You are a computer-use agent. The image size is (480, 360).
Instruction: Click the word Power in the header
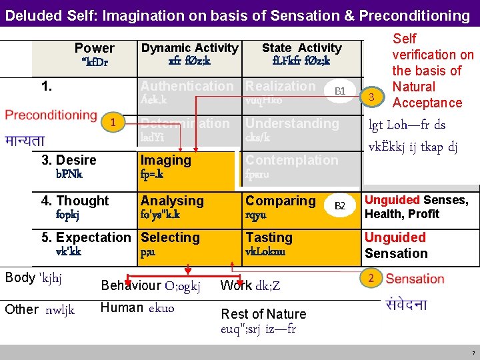(94, 48)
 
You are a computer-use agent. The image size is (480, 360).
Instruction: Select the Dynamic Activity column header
(189, 48)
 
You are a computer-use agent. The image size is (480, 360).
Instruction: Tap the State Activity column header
(301, 48)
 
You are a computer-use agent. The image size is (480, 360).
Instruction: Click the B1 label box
(340, 91)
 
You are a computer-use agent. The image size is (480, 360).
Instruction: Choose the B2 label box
(340, 206)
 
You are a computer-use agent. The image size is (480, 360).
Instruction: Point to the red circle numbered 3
(375, 98)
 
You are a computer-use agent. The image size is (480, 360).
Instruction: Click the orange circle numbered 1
(114, 122)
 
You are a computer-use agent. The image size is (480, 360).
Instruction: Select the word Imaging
(165, 160)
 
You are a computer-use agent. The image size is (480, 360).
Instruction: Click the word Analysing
(172, 201)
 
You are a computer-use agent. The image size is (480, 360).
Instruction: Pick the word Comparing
(280, 201)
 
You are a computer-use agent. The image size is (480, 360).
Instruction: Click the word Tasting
(269, 237)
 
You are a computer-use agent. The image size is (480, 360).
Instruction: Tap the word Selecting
(170, 237)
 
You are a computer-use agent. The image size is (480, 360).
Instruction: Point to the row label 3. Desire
(69, 160)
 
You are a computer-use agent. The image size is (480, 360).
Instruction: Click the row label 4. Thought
(75, 201)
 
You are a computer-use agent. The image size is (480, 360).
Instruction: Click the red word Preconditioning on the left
(51, 115)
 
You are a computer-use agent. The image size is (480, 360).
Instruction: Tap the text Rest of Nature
(263, 314)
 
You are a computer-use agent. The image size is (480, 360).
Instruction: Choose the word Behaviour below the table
(131, 286)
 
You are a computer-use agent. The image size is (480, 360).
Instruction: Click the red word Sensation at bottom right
(415, 279)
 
